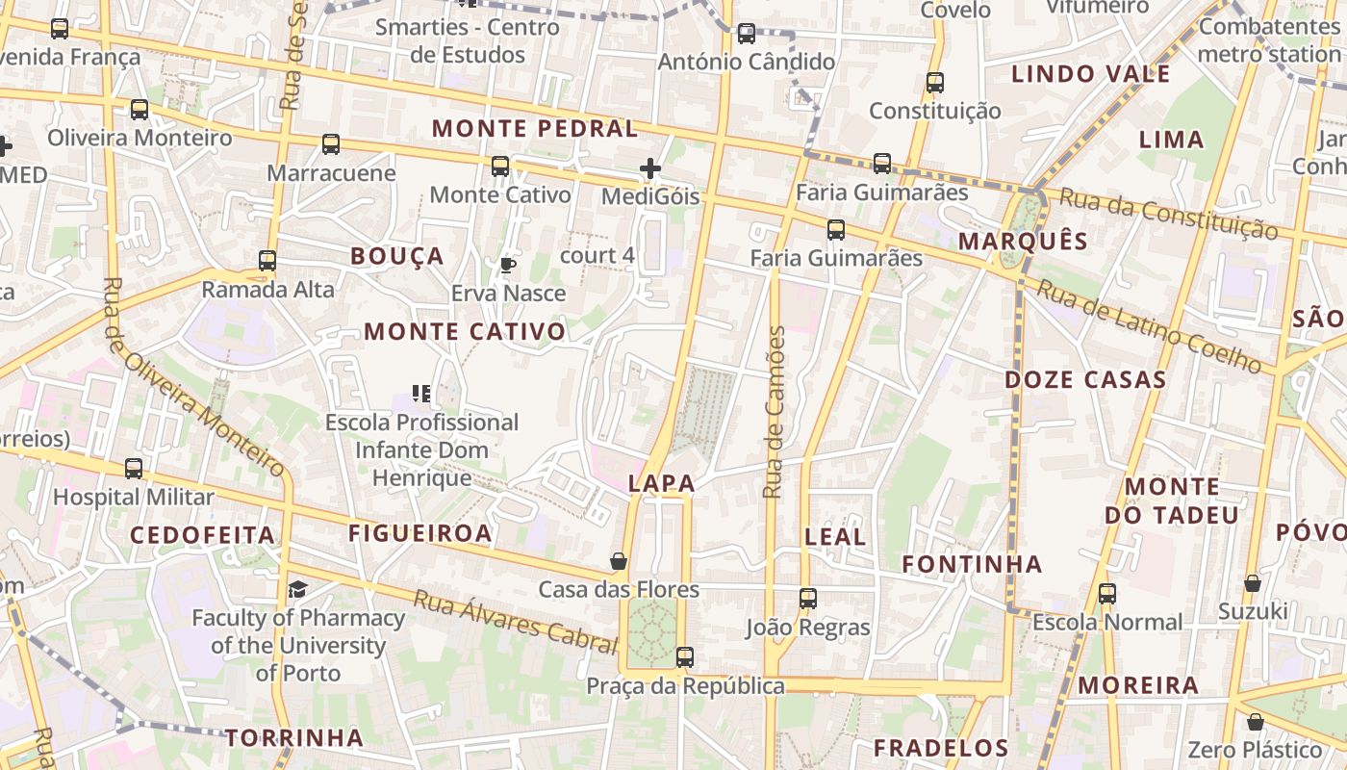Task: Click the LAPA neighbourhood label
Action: coord(661,484)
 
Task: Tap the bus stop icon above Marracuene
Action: coord(331,144)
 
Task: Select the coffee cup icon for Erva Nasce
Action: coord(508,265)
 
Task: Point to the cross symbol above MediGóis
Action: coord(650,169)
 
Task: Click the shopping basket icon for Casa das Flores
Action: coord(619,561)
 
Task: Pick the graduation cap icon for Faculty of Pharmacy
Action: coord(298,589)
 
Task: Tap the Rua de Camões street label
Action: coord(775,412)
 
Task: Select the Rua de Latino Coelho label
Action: coord(1149,326)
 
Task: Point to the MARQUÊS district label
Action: coord(1023,242)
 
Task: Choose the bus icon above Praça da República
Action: coord(685,657)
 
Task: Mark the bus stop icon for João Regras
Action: coord(808,599)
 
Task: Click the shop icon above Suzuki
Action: coord(1253,583)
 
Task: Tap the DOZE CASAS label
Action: coord(1085,380)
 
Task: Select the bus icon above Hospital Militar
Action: coord(134,469)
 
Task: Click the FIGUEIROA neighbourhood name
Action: coord(420,533)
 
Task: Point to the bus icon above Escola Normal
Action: coord(1107,594)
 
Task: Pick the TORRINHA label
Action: coord(294,738)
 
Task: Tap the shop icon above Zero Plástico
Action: coord(1255,722)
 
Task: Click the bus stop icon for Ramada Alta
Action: coord(267,261)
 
